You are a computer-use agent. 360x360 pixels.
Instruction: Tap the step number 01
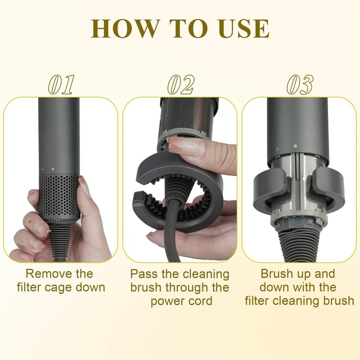(61, 85)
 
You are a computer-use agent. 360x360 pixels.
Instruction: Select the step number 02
(181, 85)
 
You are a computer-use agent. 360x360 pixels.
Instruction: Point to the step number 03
(300, 85)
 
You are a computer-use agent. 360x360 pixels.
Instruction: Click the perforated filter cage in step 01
(59, 197)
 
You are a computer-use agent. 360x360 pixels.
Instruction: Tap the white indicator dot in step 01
(53, 169)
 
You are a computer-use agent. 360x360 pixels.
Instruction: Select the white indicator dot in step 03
(296, 146)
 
